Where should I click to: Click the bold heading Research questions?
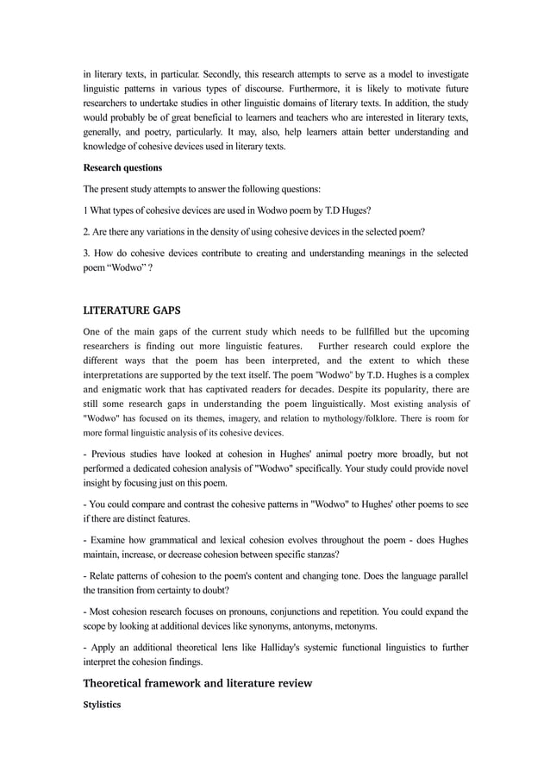(x=122, y=167)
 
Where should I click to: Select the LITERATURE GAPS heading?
(x=132, y=310)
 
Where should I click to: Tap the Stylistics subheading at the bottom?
(x=102, y=705)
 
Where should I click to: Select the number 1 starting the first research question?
(x=84, y=210)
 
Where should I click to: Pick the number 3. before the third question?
(x=87, y=253)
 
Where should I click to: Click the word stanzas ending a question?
(x=319, y=554)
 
